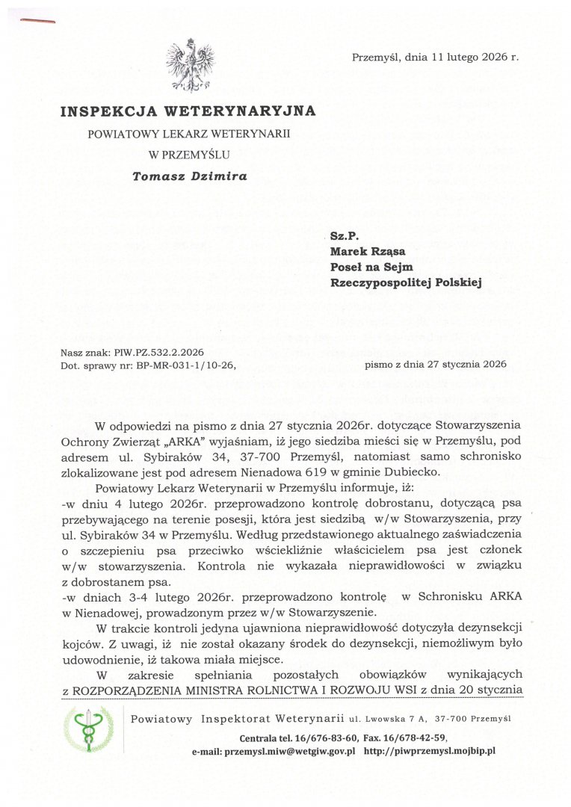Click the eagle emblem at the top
click(190, 65)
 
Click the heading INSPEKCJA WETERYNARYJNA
click(188, 111)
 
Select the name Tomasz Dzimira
click(189, 177)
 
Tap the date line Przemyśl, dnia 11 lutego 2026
click(435, 57)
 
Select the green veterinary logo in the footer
click(89, 729)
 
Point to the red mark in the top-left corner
click(37, 20)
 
